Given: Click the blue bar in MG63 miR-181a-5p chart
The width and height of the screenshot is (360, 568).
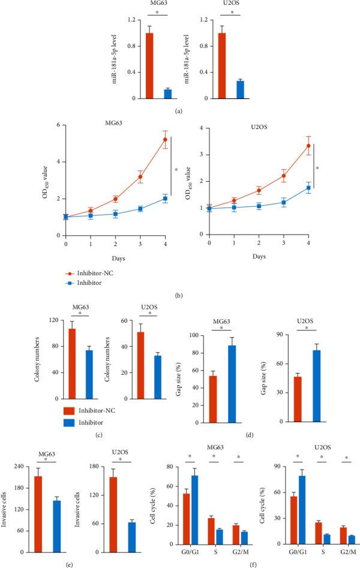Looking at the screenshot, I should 151,94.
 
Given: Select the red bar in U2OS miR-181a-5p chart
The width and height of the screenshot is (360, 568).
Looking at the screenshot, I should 221,65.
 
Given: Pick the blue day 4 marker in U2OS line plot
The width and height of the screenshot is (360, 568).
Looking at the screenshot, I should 308,188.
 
